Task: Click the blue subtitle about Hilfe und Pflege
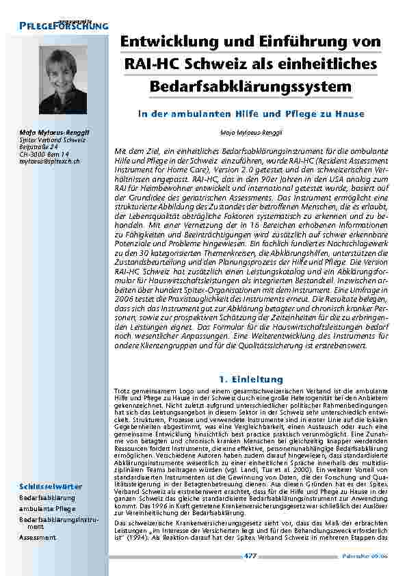[x=251, y=114]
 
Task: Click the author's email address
[x=50, y=161]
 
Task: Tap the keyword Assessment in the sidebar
[x=38, y=538]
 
